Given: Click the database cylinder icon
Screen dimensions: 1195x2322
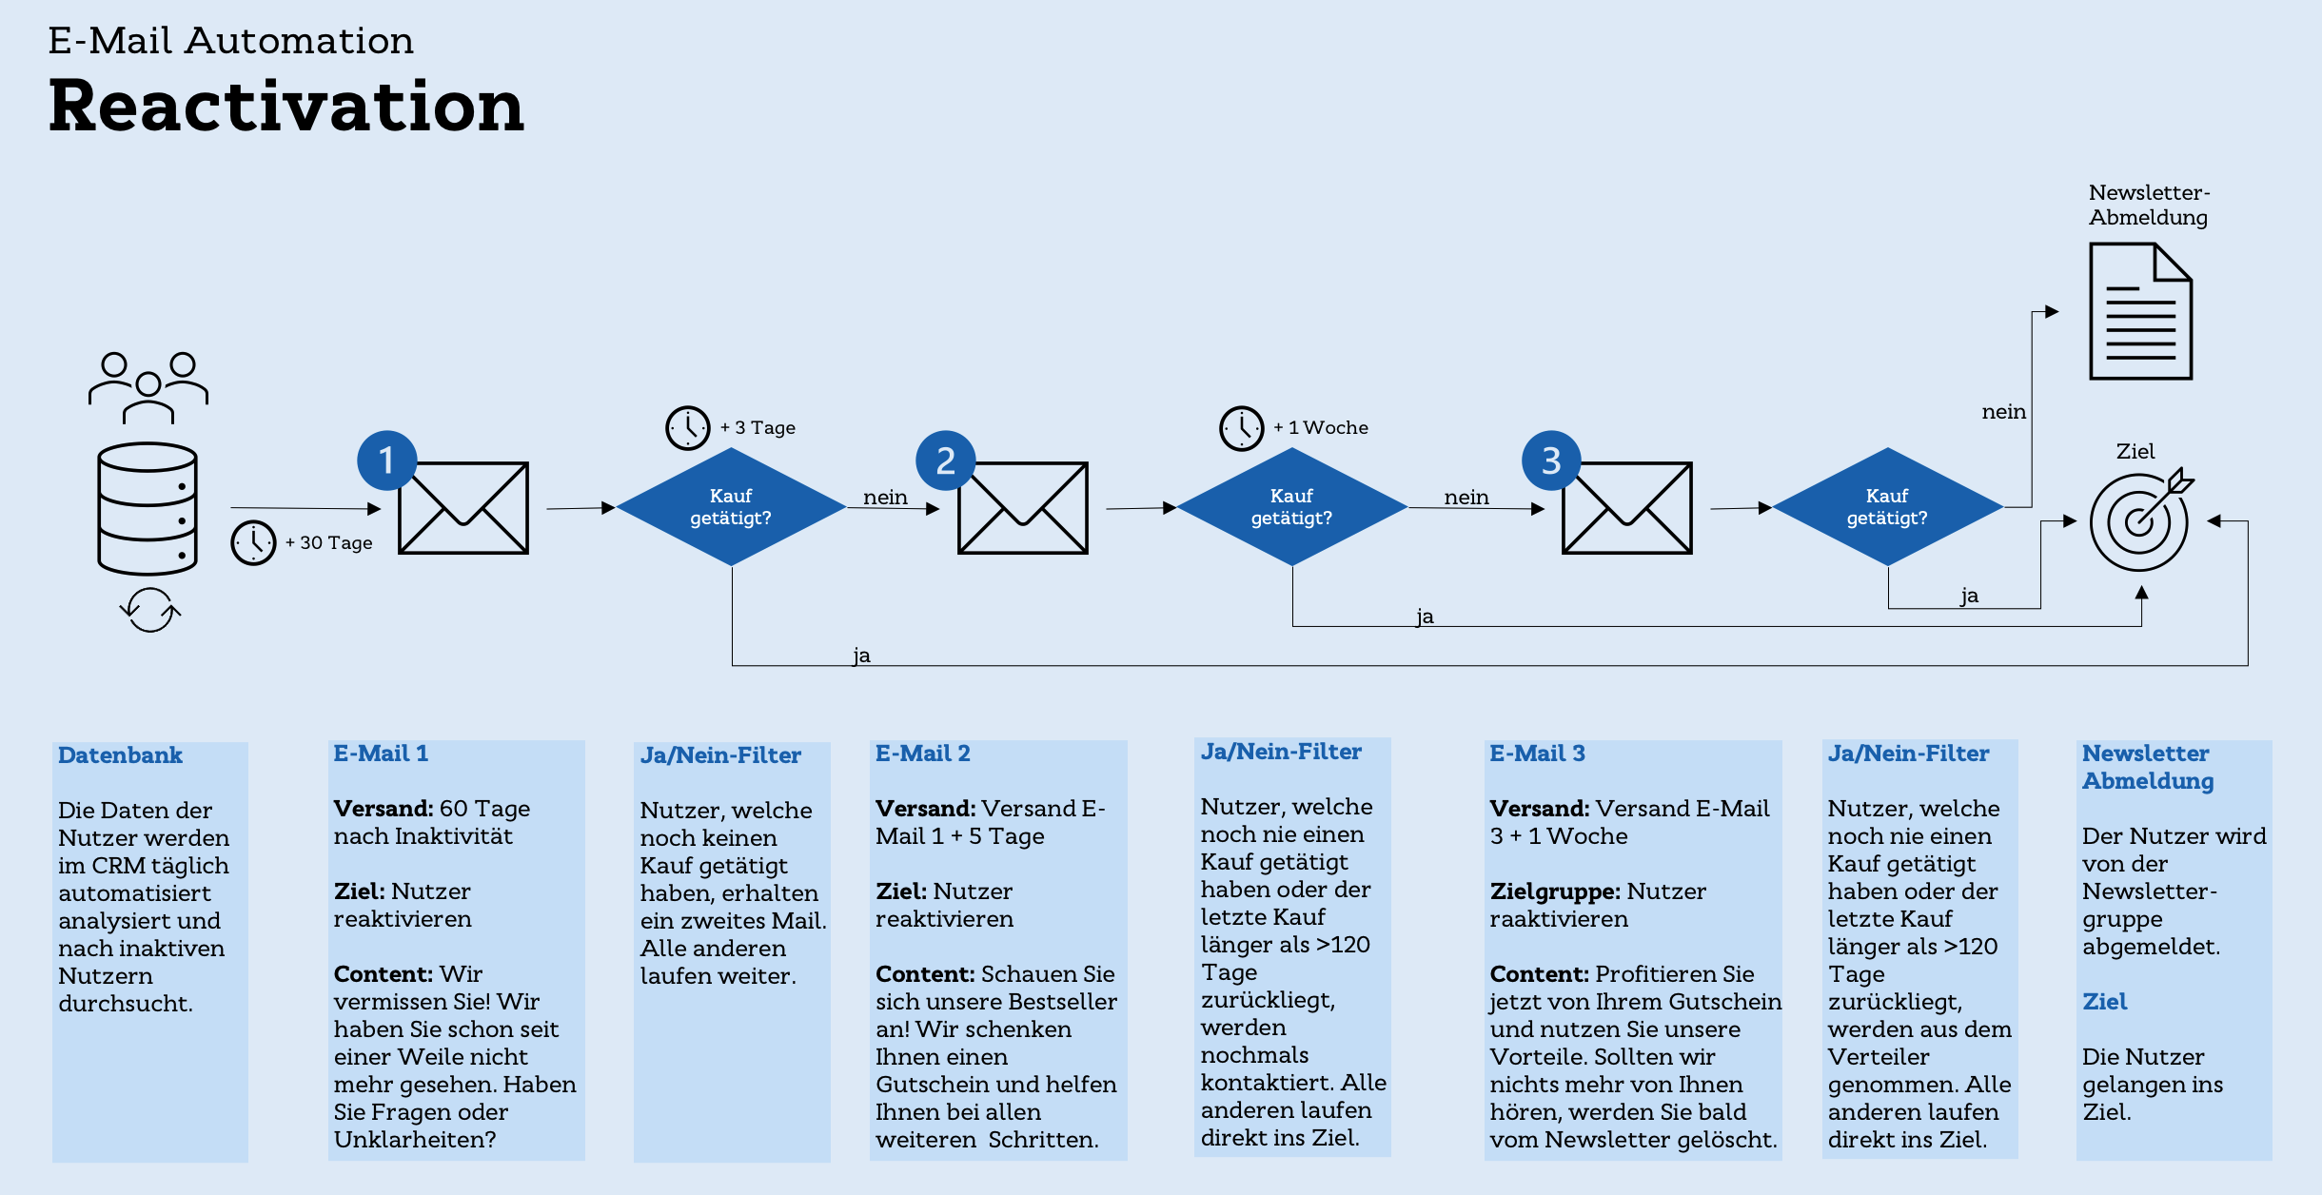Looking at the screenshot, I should click(x=148, y=508).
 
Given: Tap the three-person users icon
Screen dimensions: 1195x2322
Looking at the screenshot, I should click(x=148, y=386).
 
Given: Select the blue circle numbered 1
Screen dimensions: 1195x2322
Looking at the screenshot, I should click(x=386, y=460).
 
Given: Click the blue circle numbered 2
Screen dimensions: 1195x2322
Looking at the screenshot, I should click(x=945, y=460).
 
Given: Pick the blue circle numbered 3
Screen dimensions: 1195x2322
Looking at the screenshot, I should click(x=1551, y=460).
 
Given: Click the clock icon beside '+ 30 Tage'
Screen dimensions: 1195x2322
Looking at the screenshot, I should click(x=253, y=542).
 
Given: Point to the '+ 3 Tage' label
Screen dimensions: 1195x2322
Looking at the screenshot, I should click(x=758, y=428).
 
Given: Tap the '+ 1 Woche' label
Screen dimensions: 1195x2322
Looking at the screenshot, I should click(x=1321, y=428).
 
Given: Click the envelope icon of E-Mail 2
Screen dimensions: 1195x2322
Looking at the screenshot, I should click(x=1022, y=508).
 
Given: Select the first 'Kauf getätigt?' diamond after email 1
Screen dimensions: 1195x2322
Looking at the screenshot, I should click(x=731, y=507).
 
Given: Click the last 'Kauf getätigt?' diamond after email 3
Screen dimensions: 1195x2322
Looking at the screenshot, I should click(x=1887, y=507).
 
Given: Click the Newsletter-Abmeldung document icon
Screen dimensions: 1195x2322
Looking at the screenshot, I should click(x=2140, y=311).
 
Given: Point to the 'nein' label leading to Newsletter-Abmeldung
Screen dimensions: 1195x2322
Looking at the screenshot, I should click(x=2003, y=412).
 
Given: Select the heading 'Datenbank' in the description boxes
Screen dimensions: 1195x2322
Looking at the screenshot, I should click(x=120, y=755).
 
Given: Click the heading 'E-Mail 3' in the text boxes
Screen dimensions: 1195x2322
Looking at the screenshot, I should click(x=1537, y=754).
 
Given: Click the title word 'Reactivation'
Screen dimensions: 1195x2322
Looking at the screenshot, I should click(x=285, y=106).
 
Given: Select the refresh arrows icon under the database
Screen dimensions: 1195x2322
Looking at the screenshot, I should click(x=149, y=610).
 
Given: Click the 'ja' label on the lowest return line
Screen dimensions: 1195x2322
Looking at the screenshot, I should click(x=861, y=656).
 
